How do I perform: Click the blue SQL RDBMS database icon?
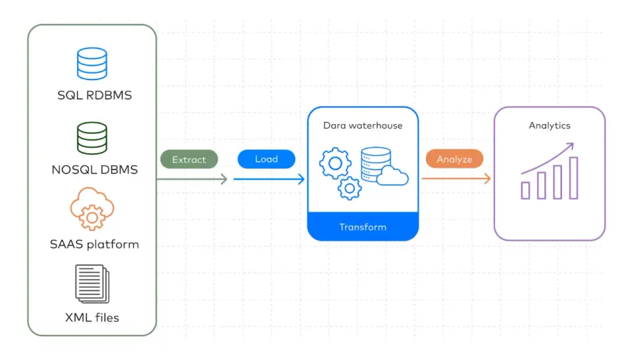click(x=92, y=64)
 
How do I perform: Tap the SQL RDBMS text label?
click(x=95, y=95)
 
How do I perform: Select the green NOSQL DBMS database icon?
click(x=92, y=138)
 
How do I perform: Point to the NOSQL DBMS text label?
click(x=95, y=169)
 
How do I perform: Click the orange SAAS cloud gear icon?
click(x=92, y=209)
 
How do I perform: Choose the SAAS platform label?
click(x=95, y=244)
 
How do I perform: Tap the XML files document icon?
click(x=92, y=284)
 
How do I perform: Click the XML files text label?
click(x=92, y=318)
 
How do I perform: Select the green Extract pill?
click(x=189, y=159)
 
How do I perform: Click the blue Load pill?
click(x=266, y=159)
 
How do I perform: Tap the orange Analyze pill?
click(x=454, y=159)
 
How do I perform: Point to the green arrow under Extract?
click(x=192, y=179)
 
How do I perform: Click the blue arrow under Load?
click(x=269, y=179)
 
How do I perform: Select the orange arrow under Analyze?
click(x=456, y=178)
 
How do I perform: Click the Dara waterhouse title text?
click(x=363, y=125)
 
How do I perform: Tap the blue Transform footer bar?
click(x=363, y=227)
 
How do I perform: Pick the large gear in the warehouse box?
click(x=335, y=164)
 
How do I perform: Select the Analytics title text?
click(x=549, y=125)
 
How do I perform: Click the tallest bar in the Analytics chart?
click(x=573, y=178)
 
